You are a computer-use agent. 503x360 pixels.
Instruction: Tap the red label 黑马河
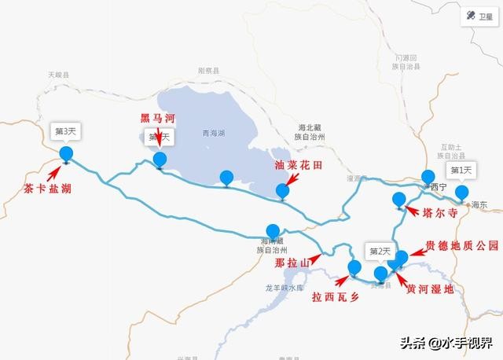point(157,118)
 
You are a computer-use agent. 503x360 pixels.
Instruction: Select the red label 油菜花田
point(299,167)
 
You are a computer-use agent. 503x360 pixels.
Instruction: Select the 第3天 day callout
point(65,129)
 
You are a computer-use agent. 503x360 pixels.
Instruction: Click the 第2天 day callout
point(380,252)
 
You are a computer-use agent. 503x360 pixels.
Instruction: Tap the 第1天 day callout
point(461,170)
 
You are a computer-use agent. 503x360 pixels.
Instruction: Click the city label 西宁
point(438,187)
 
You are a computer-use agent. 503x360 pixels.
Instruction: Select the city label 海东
point(479,204)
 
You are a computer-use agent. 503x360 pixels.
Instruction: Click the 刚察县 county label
point(208,70)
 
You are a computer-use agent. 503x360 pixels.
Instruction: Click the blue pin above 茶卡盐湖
point(65,153)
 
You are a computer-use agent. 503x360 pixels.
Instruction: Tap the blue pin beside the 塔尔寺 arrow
point(399,200)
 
